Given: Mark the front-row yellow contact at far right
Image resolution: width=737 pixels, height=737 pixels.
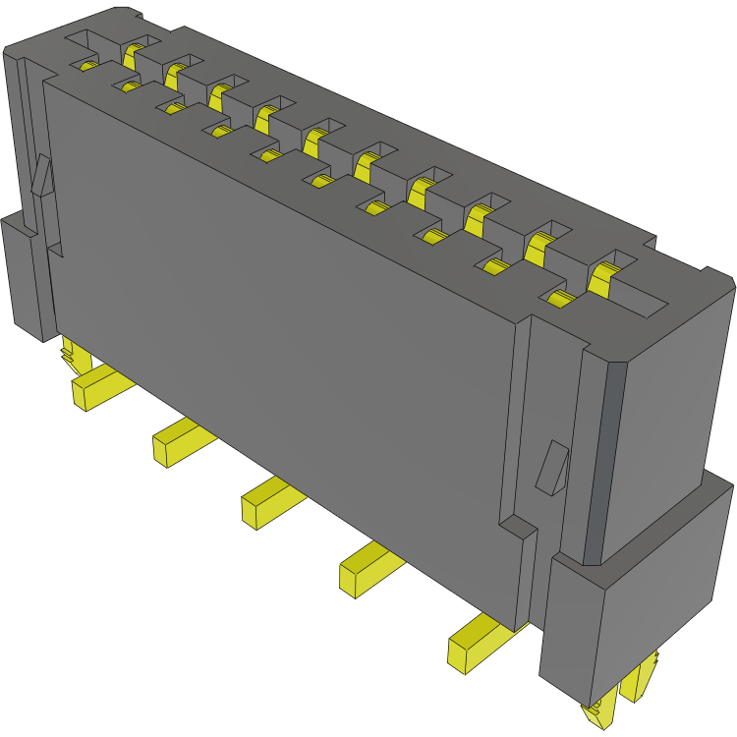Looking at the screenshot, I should (561, 299).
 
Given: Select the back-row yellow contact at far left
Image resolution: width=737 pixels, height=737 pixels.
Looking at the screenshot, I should (132, 54).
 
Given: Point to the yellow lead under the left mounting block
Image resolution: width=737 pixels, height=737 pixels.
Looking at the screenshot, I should (70, 352).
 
